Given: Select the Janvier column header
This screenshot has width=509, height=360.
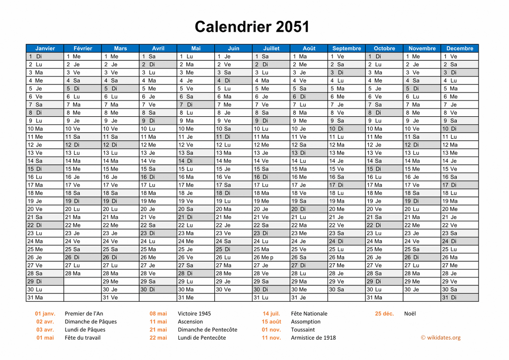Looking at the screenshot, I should [x=45, y=48].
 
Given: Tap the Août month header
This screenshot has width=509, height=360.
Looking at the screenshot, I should [x=309, y=48].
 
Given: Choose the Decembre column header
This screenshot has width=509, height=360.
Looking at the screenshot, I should [x=459, y=48].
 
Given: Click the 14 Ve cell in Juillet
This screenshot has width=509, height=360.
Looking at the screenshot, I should [x=271, y=161].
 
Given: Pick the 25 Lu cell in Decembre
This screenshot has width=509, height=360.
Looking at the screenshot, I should [x=459, y=249].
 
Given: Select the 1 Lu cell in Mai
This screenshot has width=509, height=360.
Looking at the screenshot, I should [x=195, y=56].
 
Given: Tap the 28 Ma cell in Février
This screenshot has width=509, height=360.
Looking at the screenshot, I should [x=83, y=273].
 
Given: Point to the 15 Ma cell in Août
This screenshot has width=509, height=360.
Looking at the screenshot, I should [x=309, y=169].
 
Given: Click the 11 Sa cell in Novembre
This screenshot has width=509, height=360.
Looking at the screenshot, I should [x=422, y=137].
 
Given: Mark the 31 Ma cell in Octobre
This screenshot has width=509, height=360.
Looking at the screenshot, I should [x=384, y=297].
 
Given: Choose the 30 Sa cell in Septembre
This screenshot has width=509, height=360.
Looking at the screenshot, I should [x=346, y=289].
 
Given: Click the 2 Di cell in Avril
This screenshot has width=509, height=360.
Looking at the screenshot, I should [x=158, y=64].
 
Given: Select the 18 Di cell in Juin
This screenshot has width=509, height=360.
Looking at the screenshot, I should [x=233, y=193].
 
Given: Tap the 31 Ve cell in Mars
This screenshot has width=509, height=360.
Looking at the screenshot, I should [x=120, y=297].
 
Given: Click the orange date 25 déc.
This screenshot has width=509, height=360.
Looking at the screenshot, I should [x=384, y=313].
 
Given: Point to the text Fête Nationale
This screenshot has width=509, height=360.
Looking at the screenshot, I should [x=309, y=313].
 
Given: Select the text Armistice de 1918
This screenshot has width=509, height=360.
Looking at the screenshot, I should [x=313, y=338].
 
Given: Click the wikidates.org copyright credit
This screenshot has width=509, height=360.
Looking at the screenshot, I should [x=440, y=338].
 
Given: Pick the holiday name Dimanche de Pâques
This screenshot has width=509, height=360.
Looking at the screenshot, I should [x=90, y=321].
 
